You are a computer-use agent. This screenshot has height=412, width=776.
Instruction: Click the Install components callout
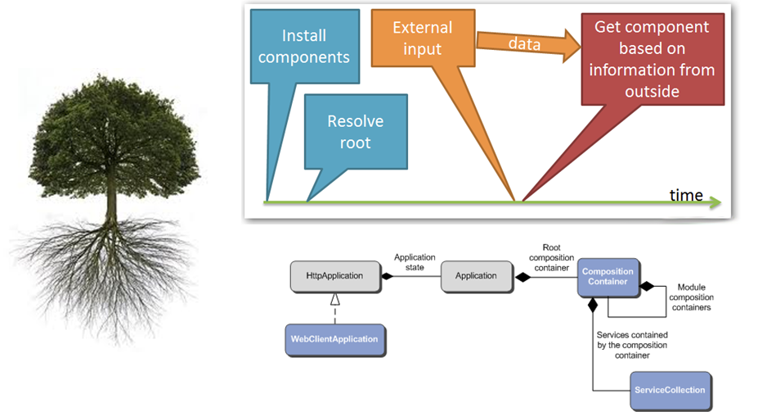(x=316, y=47)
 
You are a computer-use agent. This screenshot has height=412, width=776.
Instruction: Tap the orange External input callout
(x=422, y=38)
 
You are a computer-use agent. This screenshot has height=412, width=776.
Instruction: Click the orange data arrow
(x=523, y=45)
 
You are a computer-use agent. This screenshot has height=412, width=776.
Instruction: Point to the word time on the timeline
(x=686, y=195)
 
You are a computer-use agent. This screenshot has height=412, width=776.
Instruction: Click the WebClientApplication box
(x=335, y=339)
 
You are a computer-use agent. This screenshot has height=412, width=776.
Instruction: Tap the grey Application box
(x=476, y=276)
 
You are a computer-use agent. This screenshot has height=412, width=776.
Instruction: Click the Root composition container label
(x=550, y=257)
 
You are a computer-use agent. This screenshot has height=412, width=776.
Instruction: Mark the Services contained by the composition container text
(x=633, y=345)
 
